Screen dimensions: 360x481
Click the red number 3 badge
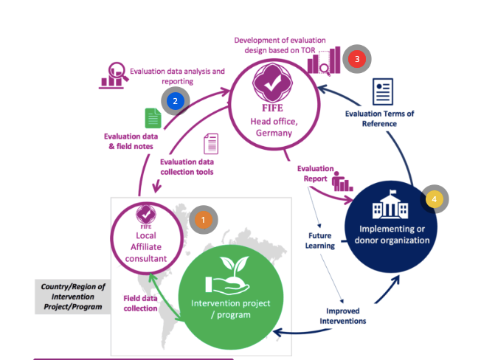(x=357, y=58)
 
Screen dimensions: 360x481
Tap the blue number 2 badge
(x=175, y=101)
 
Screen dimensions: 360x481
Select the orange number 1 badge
(x=202, y=220)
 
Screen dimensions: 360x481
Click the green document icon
(x=153, y=118)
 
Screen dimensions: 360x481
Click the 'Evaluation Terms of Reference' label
(x=380, y=119)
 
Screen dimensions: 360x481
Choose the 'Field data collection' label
(x=139, y=303)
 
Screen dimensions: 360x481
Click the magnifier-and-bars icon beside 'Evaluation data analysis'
(x=113, y=75)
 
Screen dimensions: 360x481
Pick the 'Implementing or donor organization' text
(x=389, y=234)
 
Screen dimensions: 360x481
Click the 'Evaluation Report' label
(x=316, y=173)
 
